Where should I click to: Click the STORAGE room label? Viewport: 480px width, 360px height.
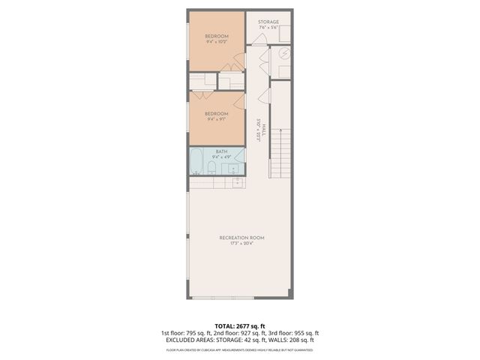pyautogui.click(x=268, y=22)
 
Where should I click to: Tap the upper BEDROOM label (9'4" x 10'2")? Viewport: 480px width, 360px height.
pyautogui.click(x=217, y=36)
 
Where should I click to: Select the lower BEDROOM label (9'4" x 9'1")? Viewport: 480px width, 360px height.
pyautogui.click(x=217, y=113)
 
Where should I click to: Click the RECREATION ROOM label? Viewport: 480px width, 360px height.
pyautogui.click(x=241, y=238)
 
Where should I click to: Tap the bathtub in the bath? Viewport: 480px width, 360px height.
pyautogui.click(x=196, y=162)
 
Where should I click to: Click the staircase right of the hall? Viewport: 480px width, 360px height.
pyautogui.click(x=279, y=154)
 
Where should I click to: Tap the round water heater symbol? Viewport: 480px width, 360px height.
pyautogui.click(x=285, y=53)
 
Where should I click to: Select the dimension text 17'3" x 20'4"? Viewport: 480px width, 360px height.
pyautogui.click(x=241, y=244)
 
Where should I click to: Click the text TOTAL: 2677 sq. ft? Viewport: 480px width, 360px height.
pyautogui.click(x=240, y=326)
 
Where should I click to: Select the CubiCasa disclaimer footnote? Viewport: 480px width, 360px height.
pyautogui.click(x=240, y=349)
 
